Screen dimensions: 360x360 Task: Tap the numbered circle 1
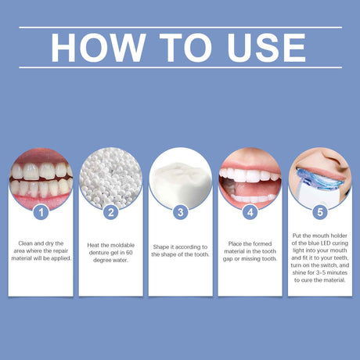pos(41,211)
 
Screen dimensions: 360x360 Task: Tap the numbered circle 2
pos(110,211)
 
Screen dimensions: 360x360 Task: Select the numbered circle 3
pos(180,211)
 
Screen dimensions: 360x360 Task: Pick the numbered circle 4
pos(250,211)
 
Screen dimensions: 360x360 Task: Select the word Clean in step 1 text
pos(26,243)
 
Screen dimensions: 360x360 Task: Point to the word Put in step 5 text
pos(299,234)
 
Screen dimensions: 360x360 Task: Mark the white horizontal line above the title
pos(180,27)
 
